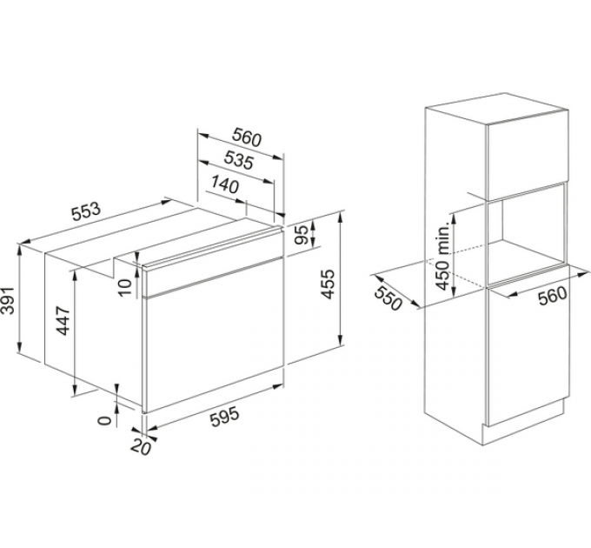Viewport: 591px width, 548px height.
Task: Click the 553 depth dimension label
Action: click(x=86, y=212)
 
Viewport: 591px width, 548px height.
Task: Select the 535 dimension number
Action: click(x=239, y=160)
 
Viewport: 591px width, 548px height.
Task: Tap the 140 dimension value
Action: click(x=224, y=184)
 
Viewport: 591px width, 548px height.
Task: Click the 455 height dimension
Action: click(x=328, y=284)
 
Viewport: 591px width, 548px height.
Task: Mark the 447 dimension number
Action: click(x=63, y=321)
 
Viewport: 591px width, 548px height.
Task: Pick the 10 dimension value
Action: click(x=125, y=287)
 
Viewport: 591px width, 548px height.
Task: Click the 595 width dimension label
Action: click(x=224, y=417)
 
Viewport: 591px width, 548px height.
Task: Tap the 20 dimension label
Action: click(x=141, y=447)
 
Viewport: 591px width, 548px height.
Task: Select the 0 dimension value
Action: click(x=105, y=420)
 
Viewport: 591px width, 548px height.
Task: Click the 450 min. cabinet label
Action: click(x=444, y=256)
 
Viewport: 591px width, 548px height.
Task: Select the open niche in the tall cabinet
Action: click(x=527, y=234)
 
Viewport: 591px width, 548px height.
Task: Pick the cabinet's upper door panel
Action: click(x=528, y=154)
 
